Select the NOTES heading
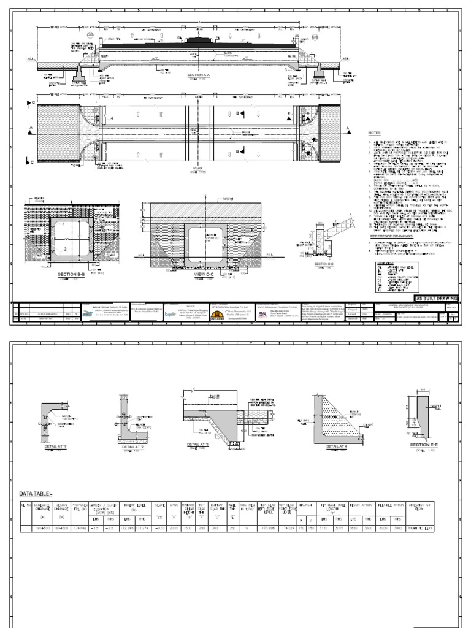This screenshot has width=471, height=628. coord(374,132)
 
